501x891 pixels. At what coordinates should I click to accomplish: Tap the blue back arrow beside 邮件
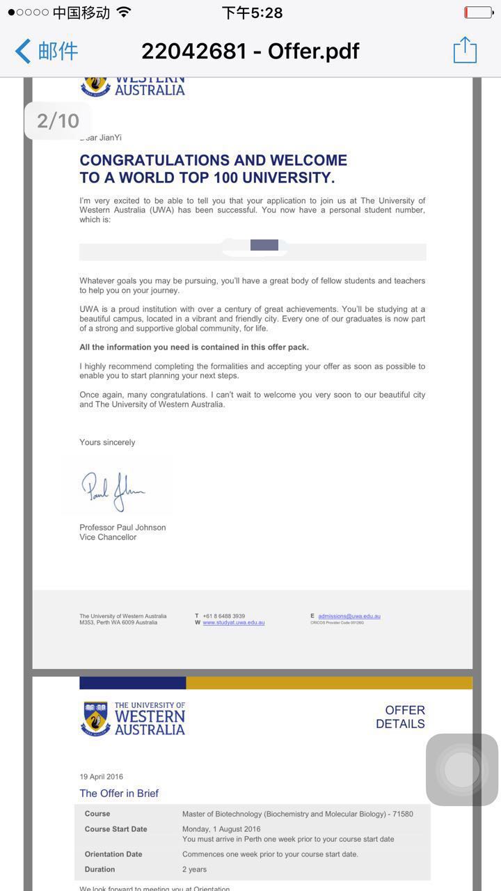click(x=23, y=51)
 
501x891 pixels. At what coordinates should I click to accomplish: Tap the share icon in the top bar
click(x=465, y=50)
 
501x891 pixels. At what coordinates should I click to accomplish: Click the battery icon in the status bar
click(x=478, y=13)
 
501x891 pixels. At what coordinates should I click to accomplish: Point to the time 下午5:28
click(x=252, y=13)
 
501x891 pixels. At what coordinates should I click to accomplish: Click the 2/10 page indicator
click(x=58, y=120)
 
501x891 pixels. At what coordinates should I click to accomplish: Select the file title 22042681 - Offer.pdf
click(x=250, y=51)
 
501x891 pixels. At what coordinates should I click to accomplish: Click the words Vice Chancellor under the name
click(x=108, y=537)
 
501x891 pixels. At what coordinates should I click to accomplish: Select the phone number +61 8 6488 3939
click(x=223, y=616)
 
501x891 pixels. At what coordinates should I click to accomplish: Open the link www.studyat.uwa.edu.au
click(x=233, y=622)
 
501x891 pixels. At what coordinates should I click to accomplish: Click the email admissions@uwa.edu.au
click(x=349, y=616)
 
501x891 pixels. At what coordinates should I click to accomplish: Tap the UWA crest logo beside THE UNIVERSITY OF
click(x=95, y=719)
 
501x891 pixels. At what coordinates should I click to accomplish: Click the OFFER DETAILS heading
click(x=400, y=717)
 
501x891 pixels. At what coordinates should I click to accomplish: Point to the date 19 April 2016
click(x=101, y=777)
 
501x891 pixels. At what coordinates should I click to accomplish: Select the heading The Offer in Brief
click(x=119, y=794)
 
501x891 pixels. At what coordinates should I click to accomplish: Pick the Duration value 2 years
click(x=194, y=869)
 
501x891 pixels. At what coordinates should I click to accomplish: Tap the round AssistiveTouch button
click(x=461, y=769)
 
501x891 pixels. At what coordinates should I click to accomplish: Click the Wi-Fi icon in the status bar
click(x=124, y=13)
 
